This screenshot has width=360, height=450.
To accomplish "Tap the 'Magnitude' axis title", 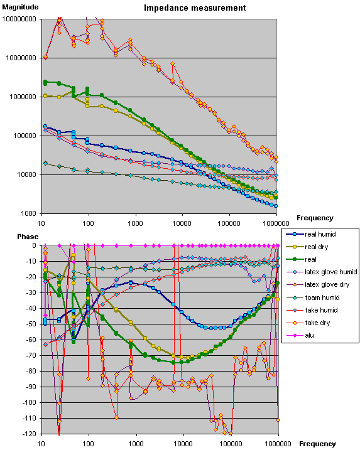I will click(x=21, y=7).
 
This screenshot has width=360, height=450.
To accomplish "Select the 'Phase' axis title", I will click(x=28, y=237).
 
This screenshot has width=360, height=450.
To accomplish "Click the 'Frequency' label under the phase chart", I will click(x=317, y=444).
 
